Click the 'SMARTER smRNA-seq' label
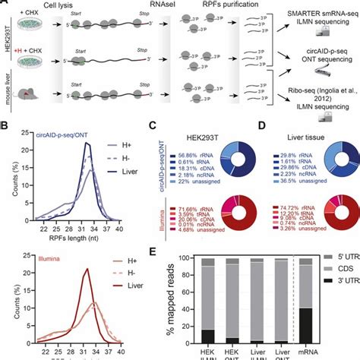coord(319,13)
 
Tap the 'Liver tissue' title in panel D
coord(303,126)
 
